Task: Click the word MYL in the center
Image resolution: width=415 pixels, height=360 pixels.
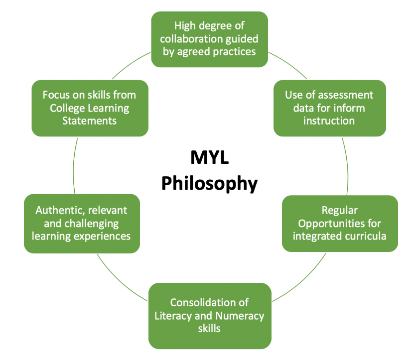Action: [x=209, y=157]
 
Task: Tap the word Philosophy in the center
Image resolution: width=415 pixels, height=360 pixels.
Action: [x=209, y=183]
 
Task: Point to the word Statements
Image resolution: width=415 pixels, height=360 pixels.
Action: [x=90, y=120]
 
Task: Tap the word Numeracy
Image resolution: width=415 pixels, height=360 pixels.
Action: [x=240, y=316]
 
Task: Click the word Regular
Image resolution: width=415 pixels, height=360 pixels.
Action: [x=340, y=211]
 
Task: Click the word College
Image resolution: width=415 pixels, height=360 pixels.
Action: [x=67, y=108]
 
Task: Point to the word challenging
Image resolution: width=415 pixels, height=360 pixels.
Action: [x=92, y=224]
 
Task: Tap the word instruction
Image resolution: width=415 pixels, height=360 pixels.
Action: [x=329, y=120]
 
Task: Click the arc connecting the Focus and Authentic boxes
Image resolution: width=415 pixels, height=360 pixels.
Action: [x=74, y=166]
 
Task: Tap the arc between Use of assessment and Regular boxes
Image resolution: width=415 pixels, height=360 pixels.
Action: [x=347, y=166]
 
